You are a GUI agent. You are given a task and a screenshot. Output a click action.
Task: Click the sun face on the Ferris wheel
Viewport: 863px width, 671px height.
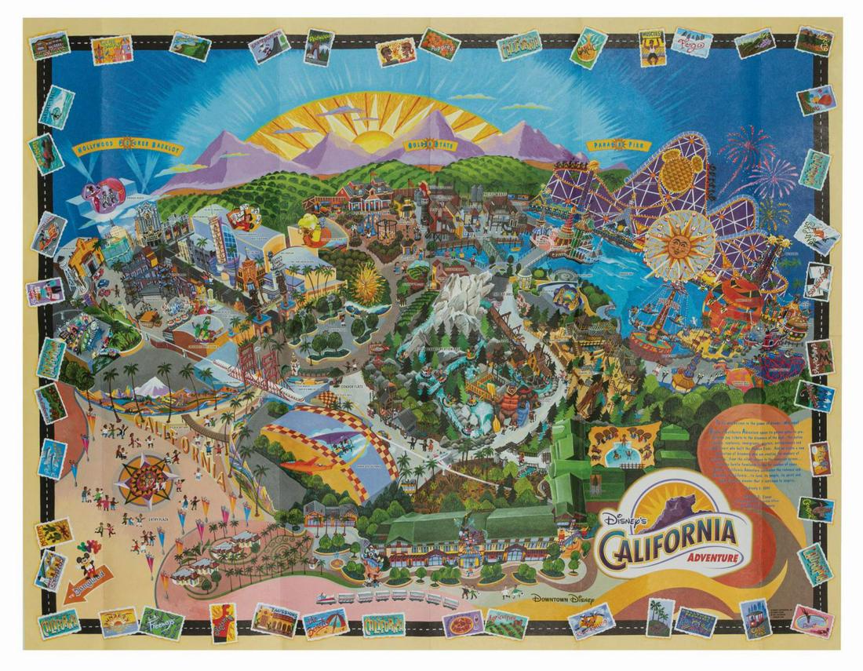679,245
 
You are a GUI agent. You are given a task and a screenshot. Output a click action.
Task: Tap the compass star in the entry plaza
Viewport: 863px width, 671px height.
145,476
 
